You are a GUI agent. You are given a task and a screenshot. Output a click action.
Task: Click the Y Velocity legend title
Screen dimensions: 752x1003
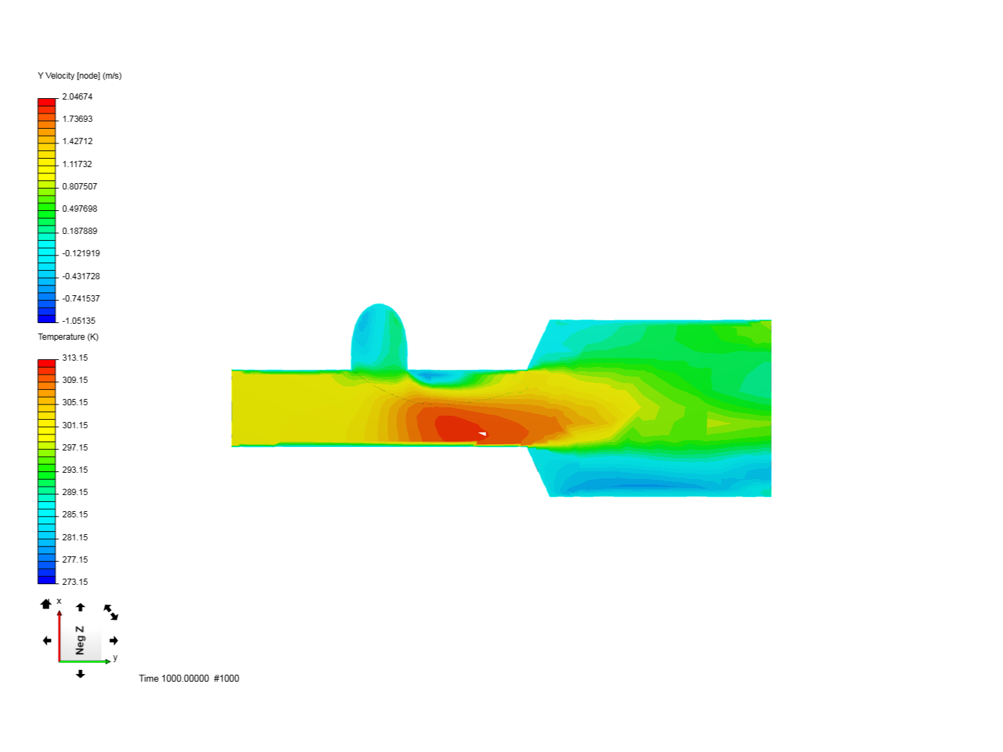point(79,76)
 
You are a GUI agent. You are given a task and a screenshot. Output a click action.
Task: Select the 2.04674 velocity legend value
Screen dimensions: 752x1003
point(77,97)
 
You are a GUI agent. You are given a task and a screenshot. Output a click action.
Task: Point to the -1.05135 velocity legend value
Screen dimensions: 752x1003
point(79,321)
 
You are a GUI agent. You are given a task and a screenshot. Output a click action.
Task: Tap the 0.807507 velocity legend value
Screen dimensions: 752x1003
point(79,187)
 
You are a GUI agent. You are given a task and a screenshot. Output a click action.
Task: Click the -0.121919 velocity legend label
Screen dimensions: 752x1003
point(81,253)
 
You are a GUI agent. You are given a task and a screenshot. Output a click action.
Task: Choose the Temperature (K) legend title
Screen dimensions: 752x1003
point(68,337)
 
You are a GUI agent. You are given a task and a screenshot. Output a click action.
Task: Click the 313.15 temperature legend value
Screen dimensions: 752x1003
point(75,358)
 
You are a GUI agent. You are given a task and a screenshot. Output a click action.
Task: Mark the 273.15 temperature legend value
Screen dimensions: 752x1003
point(75,582)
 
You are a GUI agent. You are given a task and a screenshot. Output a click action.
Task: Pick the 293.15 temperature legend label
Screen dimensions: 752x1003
point(75,470)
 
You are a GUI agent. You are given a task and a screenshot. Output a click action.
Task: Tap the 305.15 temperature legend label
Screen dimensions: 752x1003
point(75,402)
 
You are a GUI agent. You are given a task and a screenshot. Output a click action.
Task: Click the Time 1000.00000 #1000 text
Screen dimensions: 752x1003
point(189,678)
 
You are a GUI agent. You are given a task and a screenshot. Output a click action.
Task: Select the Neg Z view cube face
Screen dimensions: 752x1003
point(81,640)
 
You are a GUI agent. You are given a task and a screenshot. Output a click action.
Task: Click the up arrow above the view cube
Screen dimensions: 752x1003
point(80,607)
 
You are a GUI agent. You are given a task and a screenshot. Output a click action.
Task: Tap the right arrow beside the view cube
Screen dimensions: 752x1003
point(114,641)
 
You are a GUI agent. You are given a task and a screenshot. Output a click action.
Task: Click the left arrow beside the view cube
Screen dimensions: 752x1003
point(47,641)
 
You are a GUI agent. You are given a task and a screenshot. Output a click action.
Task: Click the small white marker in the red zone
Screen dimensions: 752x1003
point(482,434)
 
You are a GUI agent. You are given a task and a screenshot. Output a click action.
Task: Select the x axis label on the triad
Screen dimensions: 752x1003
point(59,601)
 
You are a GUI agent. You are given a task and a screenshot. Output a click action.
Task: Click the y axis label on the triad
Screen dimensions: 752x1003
point(115,657)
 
